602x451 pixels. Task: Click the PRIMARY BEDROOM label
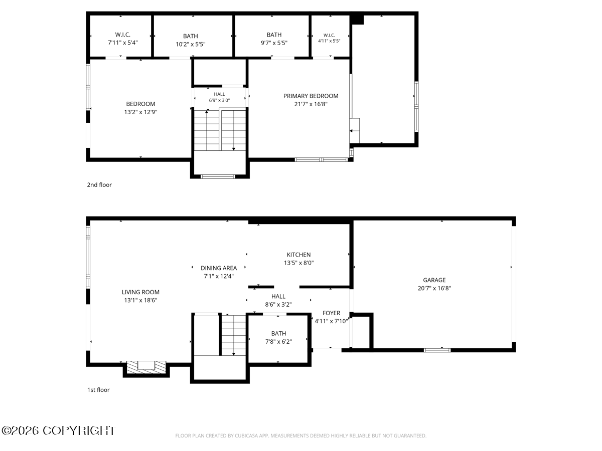[x=311, y=96]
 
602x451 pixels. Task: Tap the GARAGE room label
[x=434, y=280]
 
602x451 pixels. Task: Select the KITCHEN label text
[x=298, y=255]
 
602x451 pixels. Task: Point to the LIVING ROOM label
[x=140, y=292]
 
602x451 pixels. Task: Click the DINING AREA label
[x=219, y=268]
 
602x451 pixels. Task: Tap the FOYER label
[x=331, y=313]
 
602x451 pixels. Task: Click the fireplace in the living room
[x=146, y=367]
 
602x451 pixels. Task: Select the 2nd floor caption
[x=99, y=185]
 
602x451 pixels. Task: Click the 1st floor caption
[x=98, y=390]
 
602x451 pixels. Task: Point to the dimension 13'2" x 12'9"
[x=140, y=112]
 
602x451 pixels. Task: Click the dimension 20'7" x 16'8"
[x=434, y=288]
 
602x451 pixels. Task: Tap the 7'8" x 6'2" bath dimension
[x=278, y=341]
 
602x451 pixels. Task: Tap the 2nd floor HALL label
[x=219, y=94]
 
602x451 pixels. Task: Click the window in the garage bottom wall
[x=437, y=350]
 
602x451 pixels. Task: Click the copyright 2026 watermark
[x=58, y=431]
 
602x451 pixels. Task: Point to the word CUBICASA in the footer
[x=246, y=435]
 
